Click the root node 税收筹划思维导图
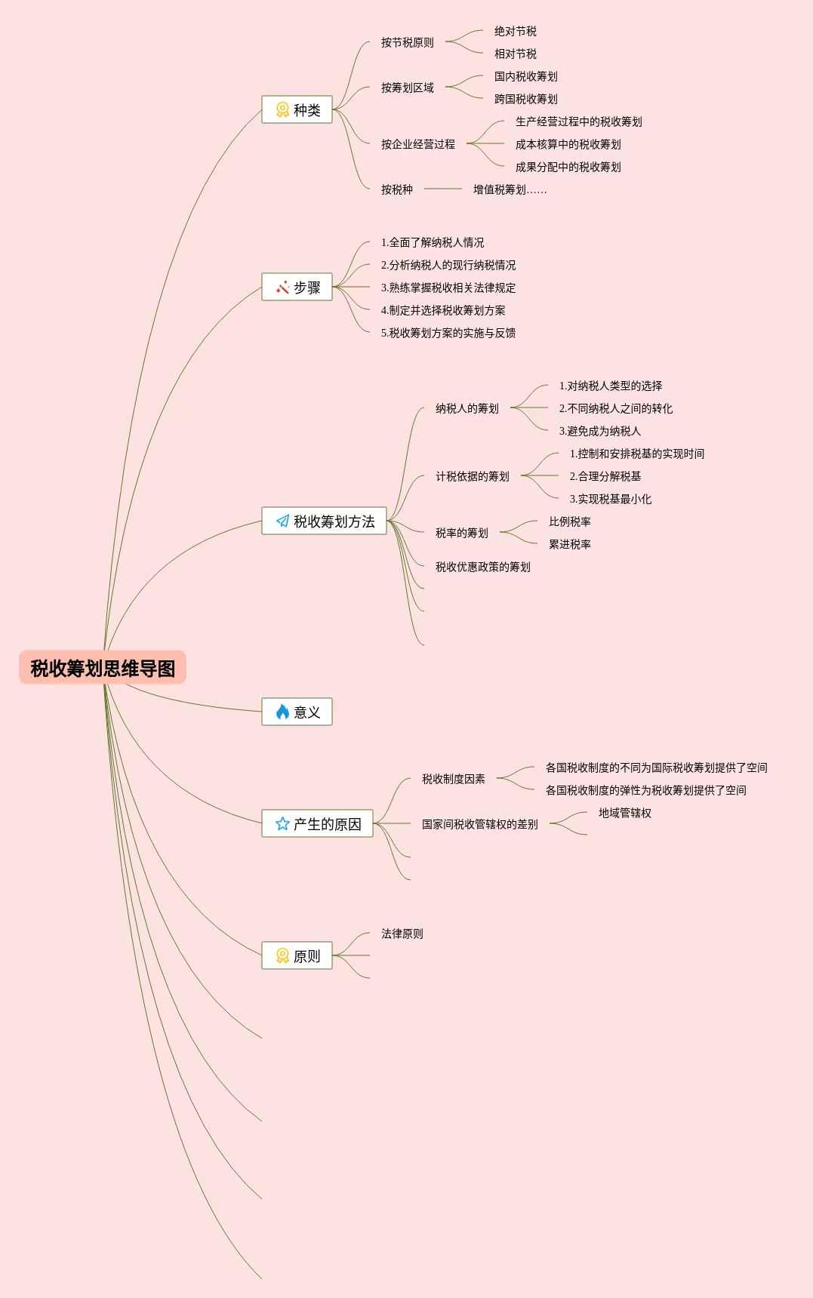[x=103, y=668]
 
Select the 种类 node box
[x=297, y=109]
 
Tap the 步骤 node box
[x=297, y=287]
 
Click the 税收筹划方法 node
[x=324, y=521]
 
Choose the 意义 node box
[x=297, y=712]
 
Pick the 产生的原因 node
[x=317, y=823]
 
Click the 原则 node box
[x=297, y=955]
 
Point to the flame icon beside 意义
[x=282, y=712]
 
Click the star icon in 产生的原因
[x=282, y=823]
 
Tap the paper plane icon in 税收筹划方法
[x=282, y=521]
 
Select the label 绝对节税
[x=515, y=31]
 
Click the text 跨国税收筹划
[x=525, y=99]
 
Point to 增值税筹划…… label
[x=510, y=189]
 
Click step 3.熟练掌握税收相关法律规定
[x=448, y=288]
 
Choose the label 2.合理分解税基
[x=605, y=476]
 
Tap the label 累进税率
[x=569, y=544]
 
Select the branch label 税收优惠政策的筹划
[x=482, y=567]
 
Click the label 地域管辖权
[x=624, y=813]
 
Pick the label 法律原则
[x=402, y=934]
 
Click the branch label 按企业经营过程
[x=417, y=144]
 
